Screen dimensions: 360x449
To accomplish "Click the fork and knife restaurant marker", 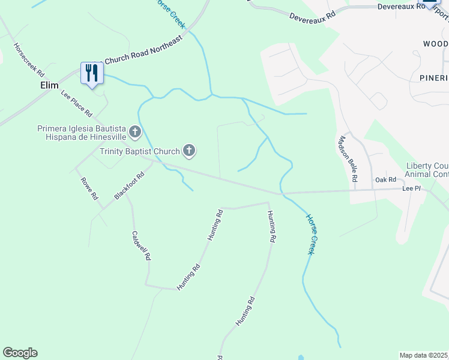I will coord(92,73).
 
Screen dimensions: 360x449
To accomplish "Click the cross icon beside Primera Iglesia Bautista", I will coord(135,131).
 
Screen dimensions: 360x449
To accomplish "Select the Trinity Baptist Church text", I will coord(140,151).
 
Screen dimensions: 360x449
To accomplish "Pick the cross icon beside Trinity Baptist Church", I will coord(189,150).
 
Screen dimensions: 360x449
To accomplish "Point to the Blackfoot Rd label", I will coord(129,187).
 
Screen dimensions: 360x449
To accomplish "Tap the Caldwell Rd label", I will coord(140,246).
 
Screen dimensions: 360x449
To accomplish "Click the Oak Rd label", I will coord(386,179).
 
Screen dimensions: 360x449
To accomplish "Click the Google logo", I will coord(20,353).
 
